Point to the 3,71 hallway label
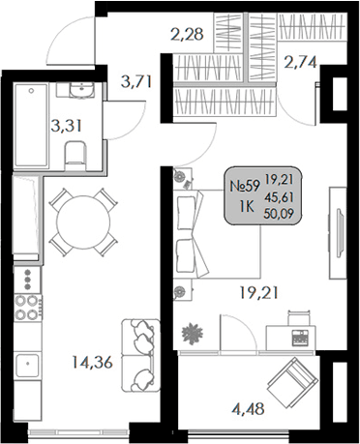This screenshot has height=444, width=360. (135, 80)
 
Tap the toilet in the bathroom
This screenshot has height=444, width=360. (74, 151)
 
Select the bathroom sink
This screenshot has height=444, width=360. (75, 92)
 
